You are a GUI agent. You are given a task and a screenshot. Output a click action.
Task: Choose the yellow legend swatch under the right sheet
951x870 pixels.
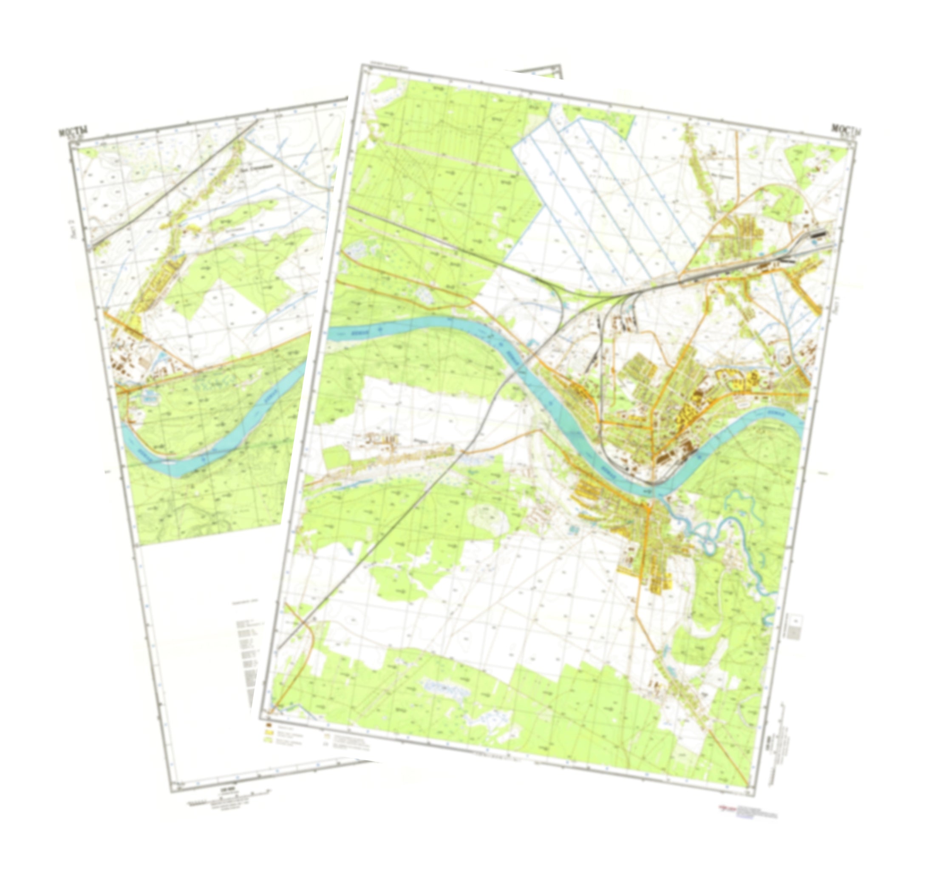coord(269,734)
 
